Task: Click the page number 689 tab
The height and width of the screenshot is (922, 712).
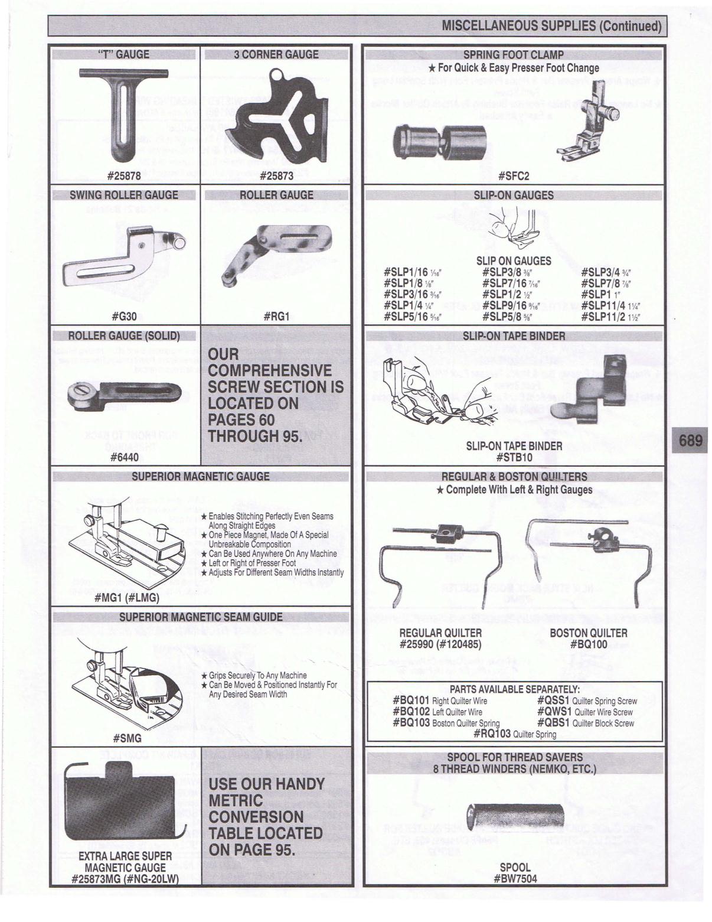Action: tap(691, 441)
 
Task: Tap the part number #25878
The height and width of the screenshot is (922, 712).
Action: tap(124, 175)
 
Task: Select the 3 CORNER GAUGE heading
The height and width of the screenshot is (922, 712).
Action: tap(276, 54)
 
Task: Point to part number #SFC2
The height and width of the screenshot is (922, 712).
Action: tap(514, 175)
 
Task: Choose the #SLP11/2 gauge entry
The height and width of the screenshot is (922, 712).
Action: tap(611, 317)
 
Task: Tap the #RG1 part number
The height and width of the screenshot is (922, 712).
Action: tap(276, 316)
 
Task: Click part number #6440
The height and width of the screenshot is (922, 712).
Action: tap(124, 457)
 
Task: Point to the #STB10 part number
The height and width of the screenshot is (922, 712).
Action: tap(514, 457)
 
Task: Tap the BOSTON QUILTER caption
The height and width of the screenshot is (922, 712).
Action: tap(588, 633)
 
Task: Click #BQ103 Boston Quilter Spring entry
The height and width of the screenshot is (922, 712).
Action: tap(446, 722)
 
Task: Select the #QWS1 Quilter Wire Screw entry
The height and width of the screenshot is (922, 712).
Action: tap(584, 712)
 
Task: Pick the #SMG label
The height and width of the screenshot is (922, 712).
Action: tap(127, 739)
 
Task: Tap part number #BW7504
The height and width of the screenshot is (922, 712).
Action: tap(515, 878)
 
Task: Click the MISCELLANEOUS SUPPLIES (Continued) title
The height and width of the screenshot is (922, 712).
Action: tap(551, 27)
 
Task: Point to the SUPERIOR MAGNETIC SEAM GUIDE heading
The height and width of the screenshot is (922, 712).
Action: tap(201, 617)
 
